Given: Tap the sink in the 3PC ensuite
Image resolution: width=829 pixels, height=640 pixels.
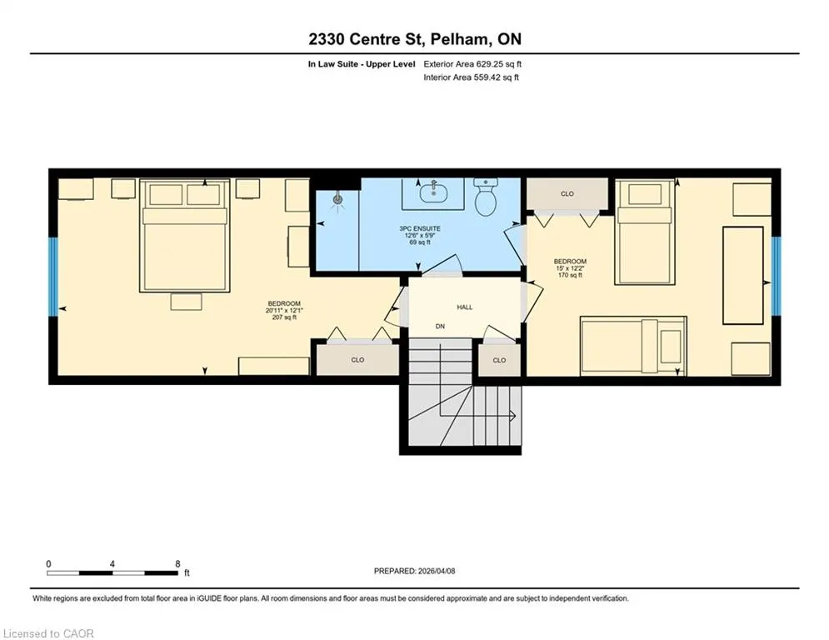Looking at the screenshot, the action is point(433,194).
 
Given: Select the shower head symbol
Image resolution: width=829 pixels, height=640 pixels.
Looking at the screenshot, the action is point(337,199).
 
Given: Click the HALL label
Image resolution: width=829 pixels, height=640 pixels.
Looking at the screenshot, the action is point(465,307).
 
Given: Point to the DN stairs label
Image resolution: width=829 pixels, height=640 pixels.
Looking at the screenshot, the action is point(440,327).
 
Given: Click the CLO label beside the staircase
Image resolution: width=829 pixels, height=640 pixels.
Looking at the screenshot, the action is point(499,360).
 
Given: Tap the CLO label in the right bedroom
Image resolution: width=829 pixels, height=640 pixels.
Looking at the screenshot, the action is point(567,194).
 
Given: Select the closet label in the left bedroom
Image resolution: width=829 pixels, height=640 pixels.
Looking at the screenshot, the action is point(358,360).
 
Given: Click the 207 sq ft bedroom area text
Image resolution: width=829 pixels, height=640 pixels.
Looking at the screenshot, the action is point(284,317).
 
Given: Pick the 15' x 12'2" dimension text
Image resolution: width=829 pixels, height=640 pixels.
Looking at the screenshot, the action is point(570,268).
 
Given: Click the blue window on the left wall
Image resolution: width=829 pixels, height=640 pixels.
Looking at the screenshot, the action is point(52,277).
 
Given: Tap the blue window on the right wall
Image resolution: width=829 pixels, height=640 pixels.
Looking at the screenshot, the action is point(777,276).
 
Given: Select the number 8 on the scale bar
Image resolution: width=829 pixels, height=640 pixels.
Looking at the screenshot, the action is point(177,564).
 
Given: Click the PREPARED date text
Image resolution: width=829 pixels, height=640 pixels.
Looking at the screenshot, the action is point(415,571).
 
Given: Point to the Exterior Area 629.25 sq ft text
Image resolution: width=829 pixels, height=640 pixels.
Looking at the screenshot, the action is point(472,64).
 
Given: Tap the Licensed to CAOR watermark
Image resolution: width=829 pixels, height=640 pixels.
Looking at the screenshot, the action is point(48,633).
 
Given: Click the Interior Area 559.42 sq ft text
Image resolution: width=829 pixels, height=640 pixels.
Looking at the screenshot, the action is point(471,77).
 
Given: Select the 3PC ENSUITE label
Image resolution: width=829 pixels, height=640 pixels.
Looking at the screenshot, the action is point(420,229).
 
